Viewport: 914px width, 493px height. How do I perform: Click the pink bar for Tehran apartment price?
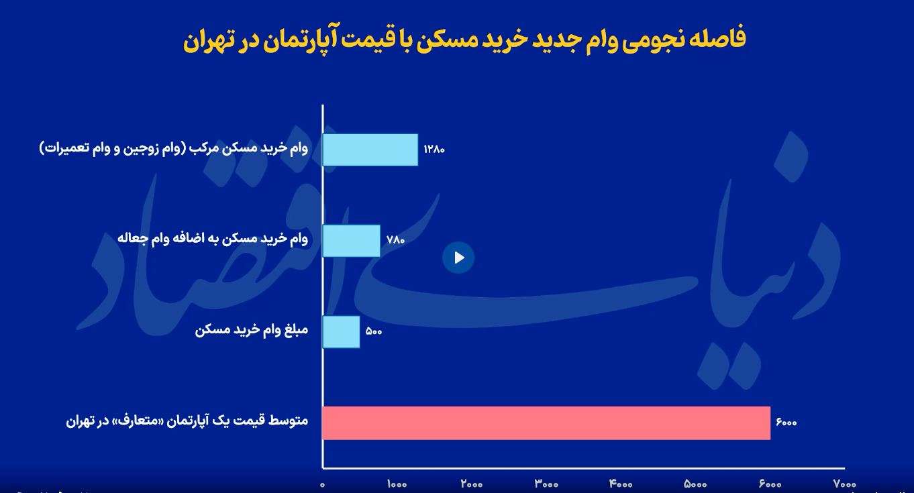(x=546, y=423)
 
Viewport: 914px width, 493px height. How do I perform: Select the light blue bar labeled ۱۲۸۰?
(x=370, y=150)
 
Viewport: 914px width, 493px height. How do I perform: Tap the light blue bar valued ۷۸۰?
(x=352, y=241)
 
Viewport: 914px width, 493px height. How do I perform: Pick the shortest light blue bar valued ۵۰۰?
(x=341, y=332)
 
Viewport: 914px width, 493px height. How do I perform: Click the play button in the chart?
(x=458, y=258)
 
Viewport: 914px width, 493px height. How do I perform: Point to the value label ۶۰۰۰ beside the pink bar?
(x=786, y=423)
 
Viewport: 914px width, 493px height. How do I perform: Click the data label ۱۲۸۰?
(x=434, y=150)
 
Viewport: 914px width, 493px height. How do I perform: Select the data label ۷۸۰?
(x=395, y=240)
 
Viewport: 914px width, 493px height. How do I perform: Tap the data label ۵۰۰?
(x=374, y=332)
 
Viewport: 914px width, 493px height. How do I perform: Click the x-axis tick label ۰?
(x=322, y=485)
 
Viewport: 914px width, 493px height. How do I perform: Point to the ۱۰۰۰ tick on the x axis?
(x=397, y=484)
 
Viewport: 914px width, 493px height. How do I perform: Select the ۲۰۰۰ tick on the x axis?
(x=472, y=484)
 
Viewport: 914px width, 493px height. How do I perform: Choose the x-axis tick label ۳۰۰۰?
(x=546, y=484)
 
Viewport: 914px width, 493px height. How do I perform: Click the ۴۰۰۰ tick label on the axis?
(x=621, y=484)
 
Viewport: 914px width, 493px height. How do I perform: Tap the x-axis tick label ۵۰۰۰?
(x=695, y=484)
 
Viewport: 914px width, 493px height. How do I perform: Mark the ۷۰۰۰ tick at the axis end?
(x=845, y=484)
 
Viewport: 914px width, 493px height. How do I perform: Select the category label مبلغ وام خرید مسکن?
(x=252, y=330)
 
